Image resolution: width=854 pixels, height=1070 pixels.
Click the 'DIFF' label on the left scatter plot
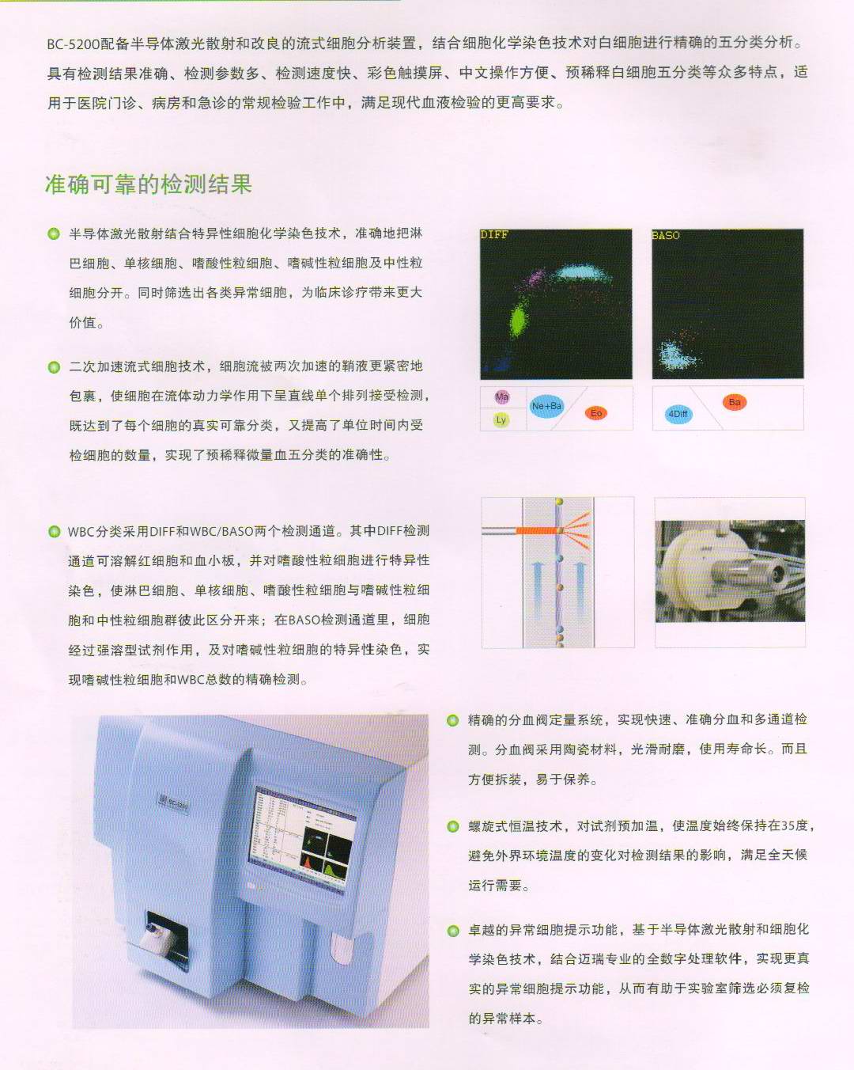click(494, 235)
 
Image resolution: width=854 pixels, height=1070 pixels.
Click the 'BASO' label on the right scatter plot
click(666, 235)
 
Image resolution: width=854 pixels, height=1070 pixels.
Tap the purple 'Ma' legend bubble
click(502, 397)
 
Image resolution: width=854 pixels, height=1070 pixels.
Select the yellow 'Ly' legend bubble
click(501, 419)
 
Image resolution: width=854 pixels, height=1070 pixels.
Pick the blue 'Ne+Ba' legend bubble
click(546, 406)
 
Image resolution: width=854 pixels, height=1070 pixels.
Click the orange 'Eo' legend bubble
click(596, 412)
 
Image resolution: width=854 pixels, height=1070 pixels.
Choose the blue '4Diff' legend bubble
click(678, 414)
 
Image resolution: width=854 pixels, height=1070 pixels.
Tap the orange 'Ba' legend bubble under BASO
click(735, 402)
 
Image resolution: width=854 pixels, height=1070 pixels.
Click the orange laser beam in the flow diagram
click(537, 530)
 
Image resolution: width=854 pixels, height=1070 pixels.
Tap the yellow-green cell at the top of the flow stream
click(559, 502)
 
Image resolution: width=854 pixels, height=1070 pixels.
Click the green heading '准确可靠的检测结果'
click(149, 184)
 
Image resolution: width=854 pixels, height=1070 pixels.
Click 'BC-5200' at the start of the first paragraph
click(74, 44)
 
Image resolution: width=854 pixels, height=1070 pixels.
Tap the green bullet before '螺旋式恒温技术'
click(452, 826)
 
